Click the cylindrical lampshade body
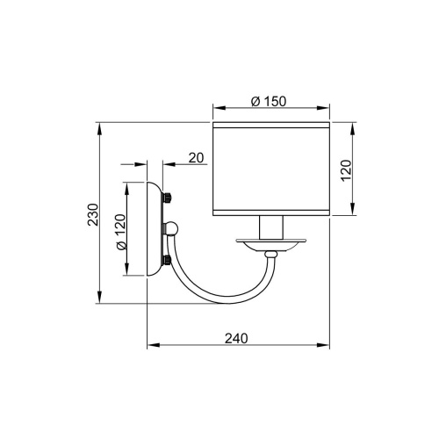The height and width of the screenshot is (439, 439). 271,169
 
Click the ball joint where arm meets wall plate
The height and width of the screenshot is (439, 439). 174,230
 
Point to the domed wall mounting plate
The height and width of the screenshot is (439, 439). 155,229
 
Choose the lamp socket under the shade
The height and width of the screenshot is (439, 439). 271,227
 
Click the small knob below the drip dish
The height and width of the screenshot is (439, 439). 272,255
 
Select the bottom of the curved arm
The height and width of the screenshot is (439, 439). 219,297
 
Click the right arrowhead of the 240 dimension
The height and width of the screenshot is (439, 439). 327,345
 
